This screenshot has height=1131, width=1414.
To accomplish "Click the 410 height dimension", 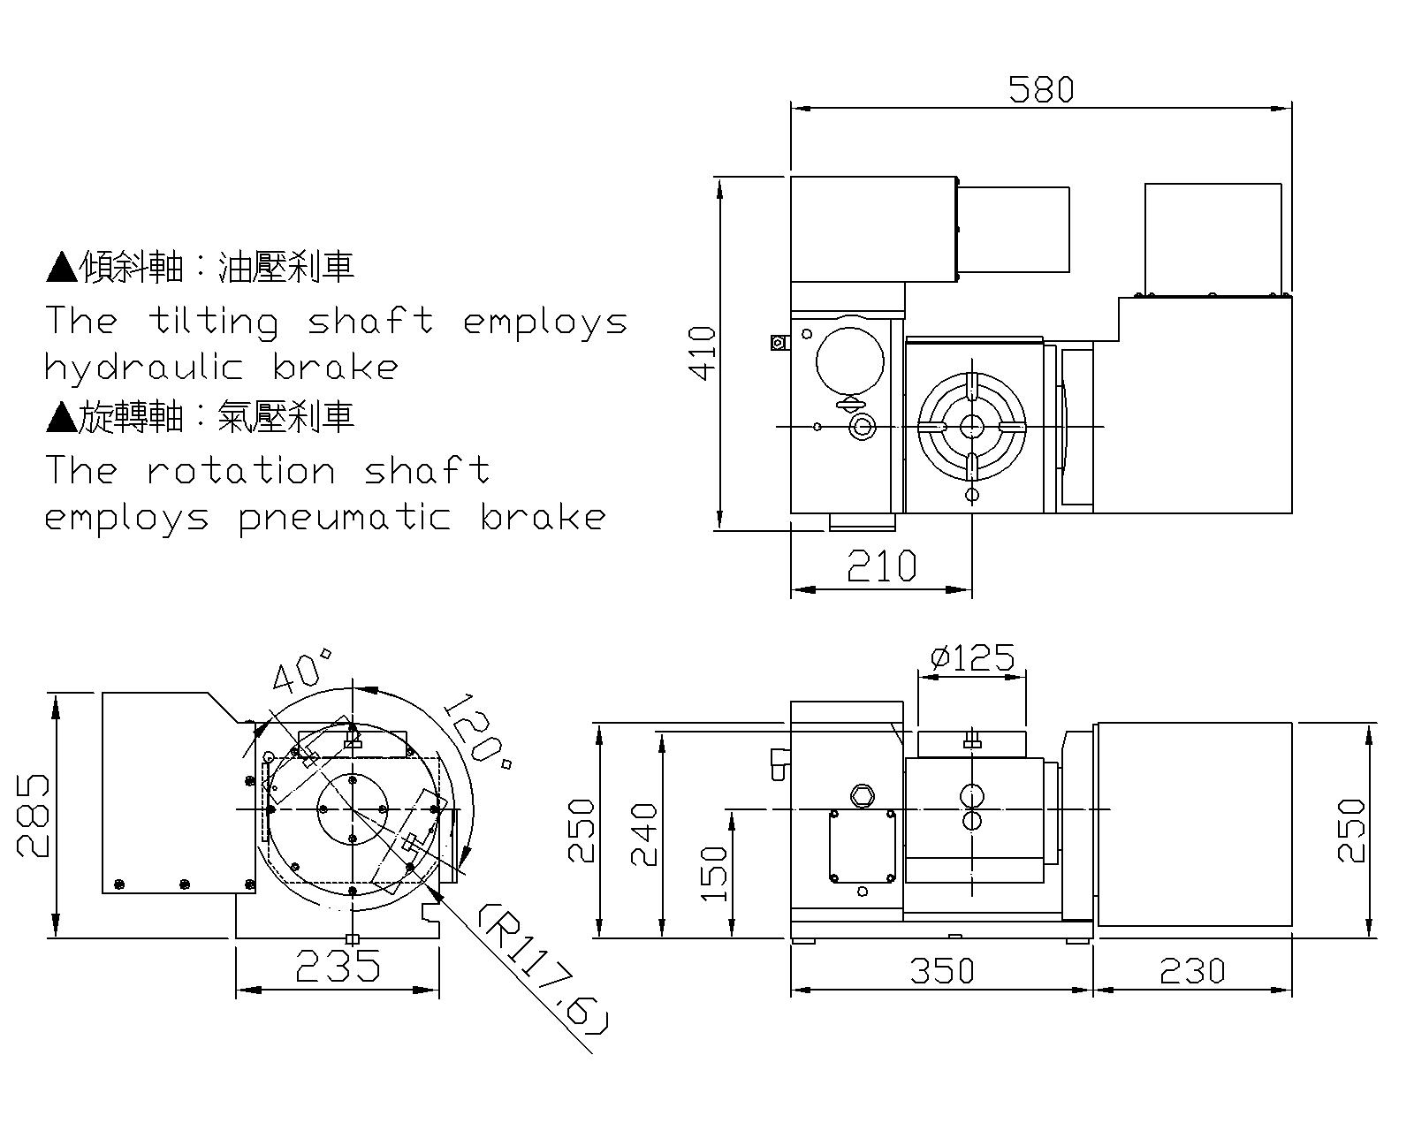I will pyautogui.click(x=703, y=353).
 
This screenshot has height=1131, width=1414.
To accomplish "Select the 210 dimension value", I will pyautogui.click(x=881, y=565).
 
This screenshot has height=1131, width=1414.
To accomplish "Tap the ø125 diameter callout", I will pyautogui.click(x=972, y=657).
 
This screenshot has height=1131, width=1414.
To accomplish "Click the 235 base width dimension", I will pyautogui.click(x=338, y=967).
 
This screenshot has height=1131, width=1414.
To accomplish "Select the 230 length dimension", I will pyautogui.click(x=1192, y=970).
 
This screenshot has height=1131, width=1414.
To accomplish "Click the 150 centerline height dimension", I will pyautogui.click(x=714, y=873).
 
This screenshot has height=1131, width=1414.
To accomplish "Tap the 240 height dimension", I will pyautogui.click(x=645, y=834).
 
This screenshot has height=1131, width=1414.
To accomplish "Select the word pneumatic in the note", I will pyautogui.click(x=345, y=518).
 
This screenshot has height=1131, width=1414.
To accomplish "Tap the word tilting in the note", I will pyautogui.click(x=213, y=322).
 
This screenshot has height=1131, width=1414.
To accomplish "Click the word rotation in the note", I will pyautogui.click(x=240, y=470).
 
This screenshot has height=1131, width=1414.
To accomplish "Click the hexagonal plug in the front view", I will pyautogui.click(x=861, y=794).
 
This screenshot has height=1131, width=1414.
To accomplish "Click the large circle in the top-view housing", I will pyautogui.click(x=849, y=361).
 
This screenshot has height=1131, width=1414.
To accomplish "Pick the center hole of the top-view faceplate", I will pyautogui.click(x=972, y=427).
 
